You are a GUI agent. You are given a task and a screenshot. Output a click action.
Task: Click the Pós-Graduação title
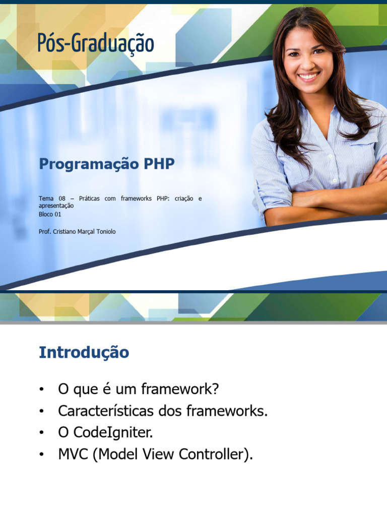(x=96, y=43)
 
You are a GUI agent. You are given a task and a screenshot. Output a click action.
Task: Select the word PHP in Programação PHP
(x=159, y=164)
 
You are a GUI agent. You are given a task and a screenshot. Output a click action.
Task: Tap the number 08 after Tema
(x=62, y=199)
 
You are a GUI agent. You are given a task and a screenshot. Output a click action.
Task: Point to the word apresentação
(x=56, y=206)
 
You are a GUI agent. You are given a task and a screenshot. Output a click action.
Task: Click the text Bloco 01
(x=50, y=214)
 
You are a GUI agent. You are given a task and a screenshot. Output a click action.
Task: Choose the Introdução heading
(x=84, y=352)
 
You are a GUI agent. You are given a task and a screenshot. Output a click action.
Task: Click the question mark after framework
(x=215, y=389)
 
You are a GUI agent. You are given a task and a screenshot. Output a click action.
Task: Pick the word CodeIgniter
(x=113, y=433)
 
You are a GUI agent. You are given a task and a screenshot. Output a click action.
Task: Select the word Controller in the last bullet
(x=211, y=454)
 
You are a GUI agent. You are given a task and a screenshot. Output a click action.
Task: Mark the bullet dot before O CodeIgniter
(x=41, y=433)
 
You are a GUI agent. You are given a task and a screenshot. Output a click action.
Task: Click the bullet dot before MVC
(x=41, y=455)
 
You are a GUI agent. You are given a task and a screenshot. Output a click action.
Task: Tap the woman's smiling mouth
(x=309, y=77)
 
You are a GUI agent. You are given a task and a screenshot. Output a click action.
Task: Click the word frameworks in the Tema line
(x=136, y=199)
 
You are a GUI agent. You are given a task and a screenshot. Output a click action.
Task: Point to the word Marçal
(x=86, y=232)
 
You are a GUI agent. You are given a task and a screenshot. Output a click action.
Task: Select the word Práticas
(x=89, y=199)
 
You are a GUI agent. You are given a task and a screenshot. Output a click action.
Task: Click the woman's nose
(x=306, y=63)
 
